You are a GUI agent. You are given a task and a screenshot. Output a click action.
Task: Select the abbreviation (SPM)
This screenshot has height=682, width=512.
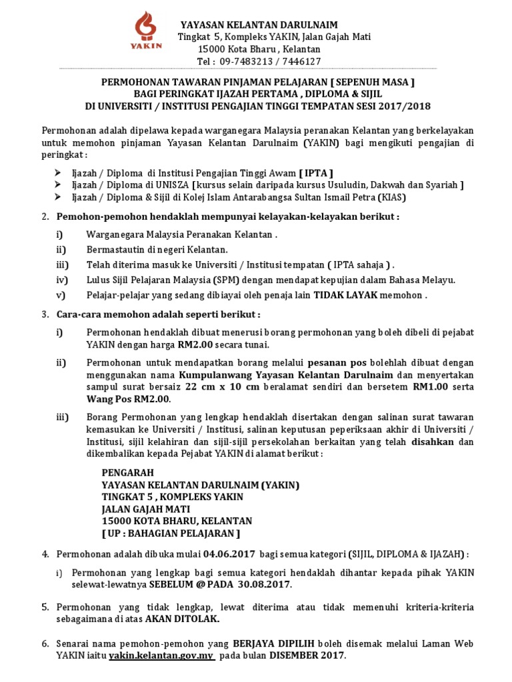[224, 280]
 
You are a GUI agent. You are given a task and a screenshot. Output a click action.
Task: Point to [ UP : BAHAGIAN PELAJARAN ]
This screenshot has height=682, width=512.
[171, 533]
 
